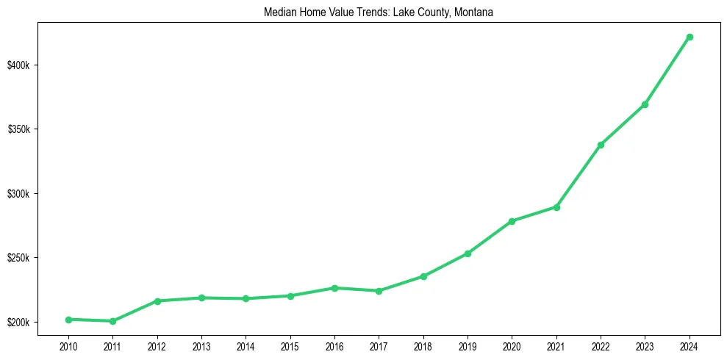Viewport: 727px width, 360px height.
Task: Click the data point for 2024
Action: coord(690,37)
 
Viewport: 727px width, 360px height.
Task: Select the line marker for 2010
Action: coord(68,320)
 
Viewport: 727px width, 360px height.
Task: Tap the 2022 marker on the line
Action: coord(601,145)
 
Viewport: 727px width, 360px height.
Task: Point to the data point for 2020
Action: coord(512,221)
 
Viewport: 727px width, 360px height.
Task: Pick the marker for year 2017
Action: coord(379,291)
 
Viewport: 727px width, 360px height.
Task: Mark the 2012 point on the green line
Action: coord(157,301)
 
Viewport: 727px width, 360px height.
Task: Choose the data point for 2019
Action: coord(468,253)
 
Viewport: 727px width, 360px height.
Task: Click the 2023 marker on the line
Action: coord(645,104)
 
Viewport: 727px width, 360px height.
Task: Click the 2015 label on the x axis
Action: coord(290,345)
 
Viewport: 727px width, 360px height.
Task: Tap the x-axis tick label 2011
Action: coord(112,345)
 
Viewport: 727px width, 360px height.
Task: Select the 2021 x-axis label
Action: coord(556,345)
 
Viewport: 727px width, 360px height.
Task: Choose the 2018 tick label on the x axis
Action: coord(423,345)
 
